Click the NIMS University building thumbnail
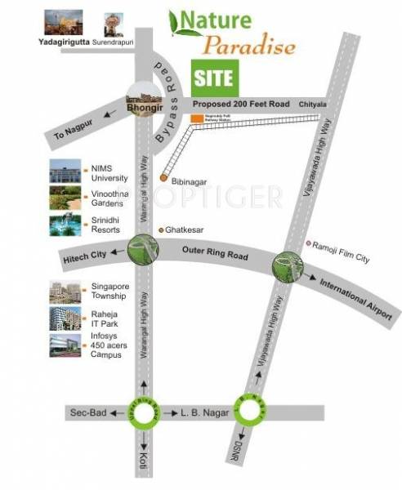(x=65, y=171)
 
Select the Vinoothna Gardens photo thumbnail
(x=65, y=198)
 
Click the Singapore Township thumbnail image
(x=65, y=292)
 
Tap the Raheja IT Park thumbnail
(x=65, y=318)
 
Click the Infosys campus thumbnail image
(x=65, y=346)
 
